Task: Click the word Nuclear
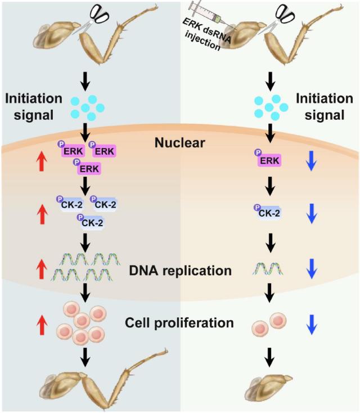[180, 143]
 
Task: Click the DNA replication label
[181, 271]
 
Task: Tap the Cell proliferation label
[179, 322]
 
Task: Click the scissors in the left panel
[94, 19]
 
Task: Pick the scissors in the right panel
[280, 19]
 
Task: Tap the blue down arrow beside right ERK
[311, 161]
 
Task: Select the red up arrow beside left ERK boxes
[42, 162]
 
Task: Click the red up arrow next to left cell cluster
[42, 326]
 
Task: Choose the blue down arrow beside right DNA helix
[312, 268]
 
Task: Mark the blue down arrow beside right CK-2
[312, 214]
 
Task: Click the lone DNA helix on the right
[268, 268]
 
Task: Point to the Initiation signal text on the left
[34, 107]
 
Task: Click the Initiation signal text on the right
[325, 107]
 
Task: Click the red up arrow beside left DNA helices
[42, 269]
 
